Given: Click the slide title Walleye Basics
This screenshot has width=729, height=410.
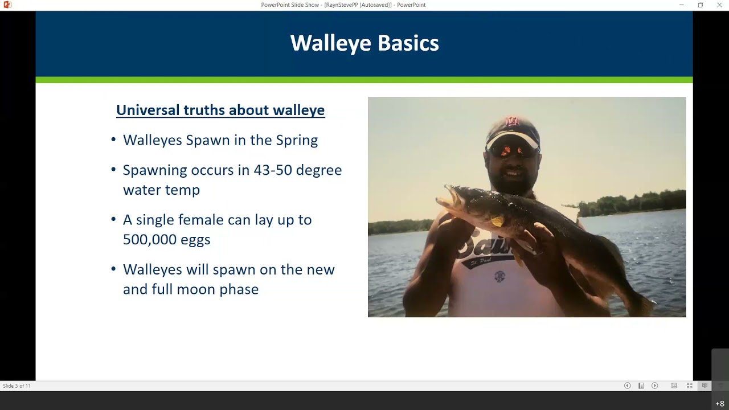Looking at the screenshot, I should [x=364, y=43].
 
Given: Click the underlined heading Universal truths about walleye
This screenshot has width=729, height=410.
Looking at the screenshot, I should [x=220, y=110].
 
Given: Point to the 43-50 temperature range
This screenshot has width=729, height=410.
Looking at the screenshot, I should [x=269, y=170].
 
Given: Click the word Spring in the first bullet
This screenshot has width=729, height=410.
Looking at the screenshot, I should [x=297, y=141].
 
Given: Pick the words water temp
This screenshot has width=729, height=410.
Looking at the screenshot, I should [x=161, y=190].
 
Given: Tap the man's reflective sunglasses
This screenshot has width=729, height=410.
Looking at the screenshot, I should [x=513, y=150].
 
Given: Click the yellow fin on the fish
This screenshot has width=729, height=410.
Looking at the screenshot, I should [x=498, y=221].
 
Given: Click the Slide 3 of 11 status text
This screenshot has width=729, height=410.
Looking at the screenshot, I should [x=17, y=386].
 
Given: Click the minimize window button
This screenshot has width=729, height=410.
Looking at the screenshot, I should [x=681, y=5].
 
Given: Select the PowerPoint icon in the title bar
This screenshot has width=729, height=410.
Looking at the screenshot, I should [x=7, y=5].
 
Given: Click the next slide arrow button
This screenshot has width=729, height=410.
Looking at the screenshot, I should [x=654, y=386].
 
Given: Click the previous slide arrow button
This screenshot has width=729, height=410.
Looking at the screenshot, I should [x=627, y=386].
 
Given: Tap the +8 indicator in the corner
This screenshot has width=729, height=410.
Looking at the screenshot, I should [x=720, y=404].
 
